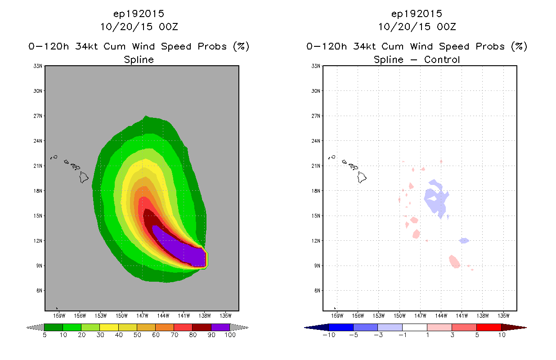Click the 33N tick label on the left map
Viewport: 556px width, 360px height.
click(x=38, y=66)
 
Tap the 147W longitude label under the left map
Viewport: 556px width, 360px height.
click(x=142, y=316)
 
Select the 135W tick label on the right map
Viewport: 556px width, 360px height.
click(x=503, y=316)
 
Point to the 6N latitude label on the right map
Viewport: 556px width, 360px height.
click(x=317, y=291)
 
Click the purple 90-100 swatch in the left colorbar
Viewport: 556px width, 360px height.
click(x=220, y=328)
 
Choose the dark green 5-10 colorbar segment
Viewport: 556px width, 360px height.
click(x=54, y=328)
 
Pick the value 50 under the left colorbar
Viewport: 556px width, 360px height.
click(x=137, y=335)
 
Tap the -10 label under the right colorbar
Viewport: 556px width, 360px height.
click(x=329, y=335)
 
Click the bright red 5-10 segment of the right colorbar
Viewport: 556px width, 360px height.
click(x=489, y=328)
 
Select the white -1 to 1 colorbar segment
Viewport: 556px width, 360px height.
click(x=415, y=328)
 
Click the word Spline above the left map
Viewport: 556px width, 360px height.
click(x=139, y=60)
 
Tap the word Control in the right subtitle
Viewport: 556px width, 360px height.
click(x=442, y=60)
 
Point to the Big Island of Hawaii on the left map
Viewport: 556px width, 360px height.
click(x=84, y=177)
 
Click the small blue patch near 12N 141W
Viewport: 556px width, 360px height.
click(x=464, y=241)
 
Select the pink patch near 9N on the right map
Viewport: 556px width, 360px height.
click(x=454, y=262)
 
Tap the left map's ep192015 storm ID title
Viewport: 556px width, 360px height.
click(x=139, y=14)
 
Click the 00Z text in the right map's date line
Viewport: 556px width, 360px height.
click(x=446, y=27)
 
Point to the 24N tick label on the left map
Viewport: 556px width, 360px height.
click(x=38, y=141)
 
